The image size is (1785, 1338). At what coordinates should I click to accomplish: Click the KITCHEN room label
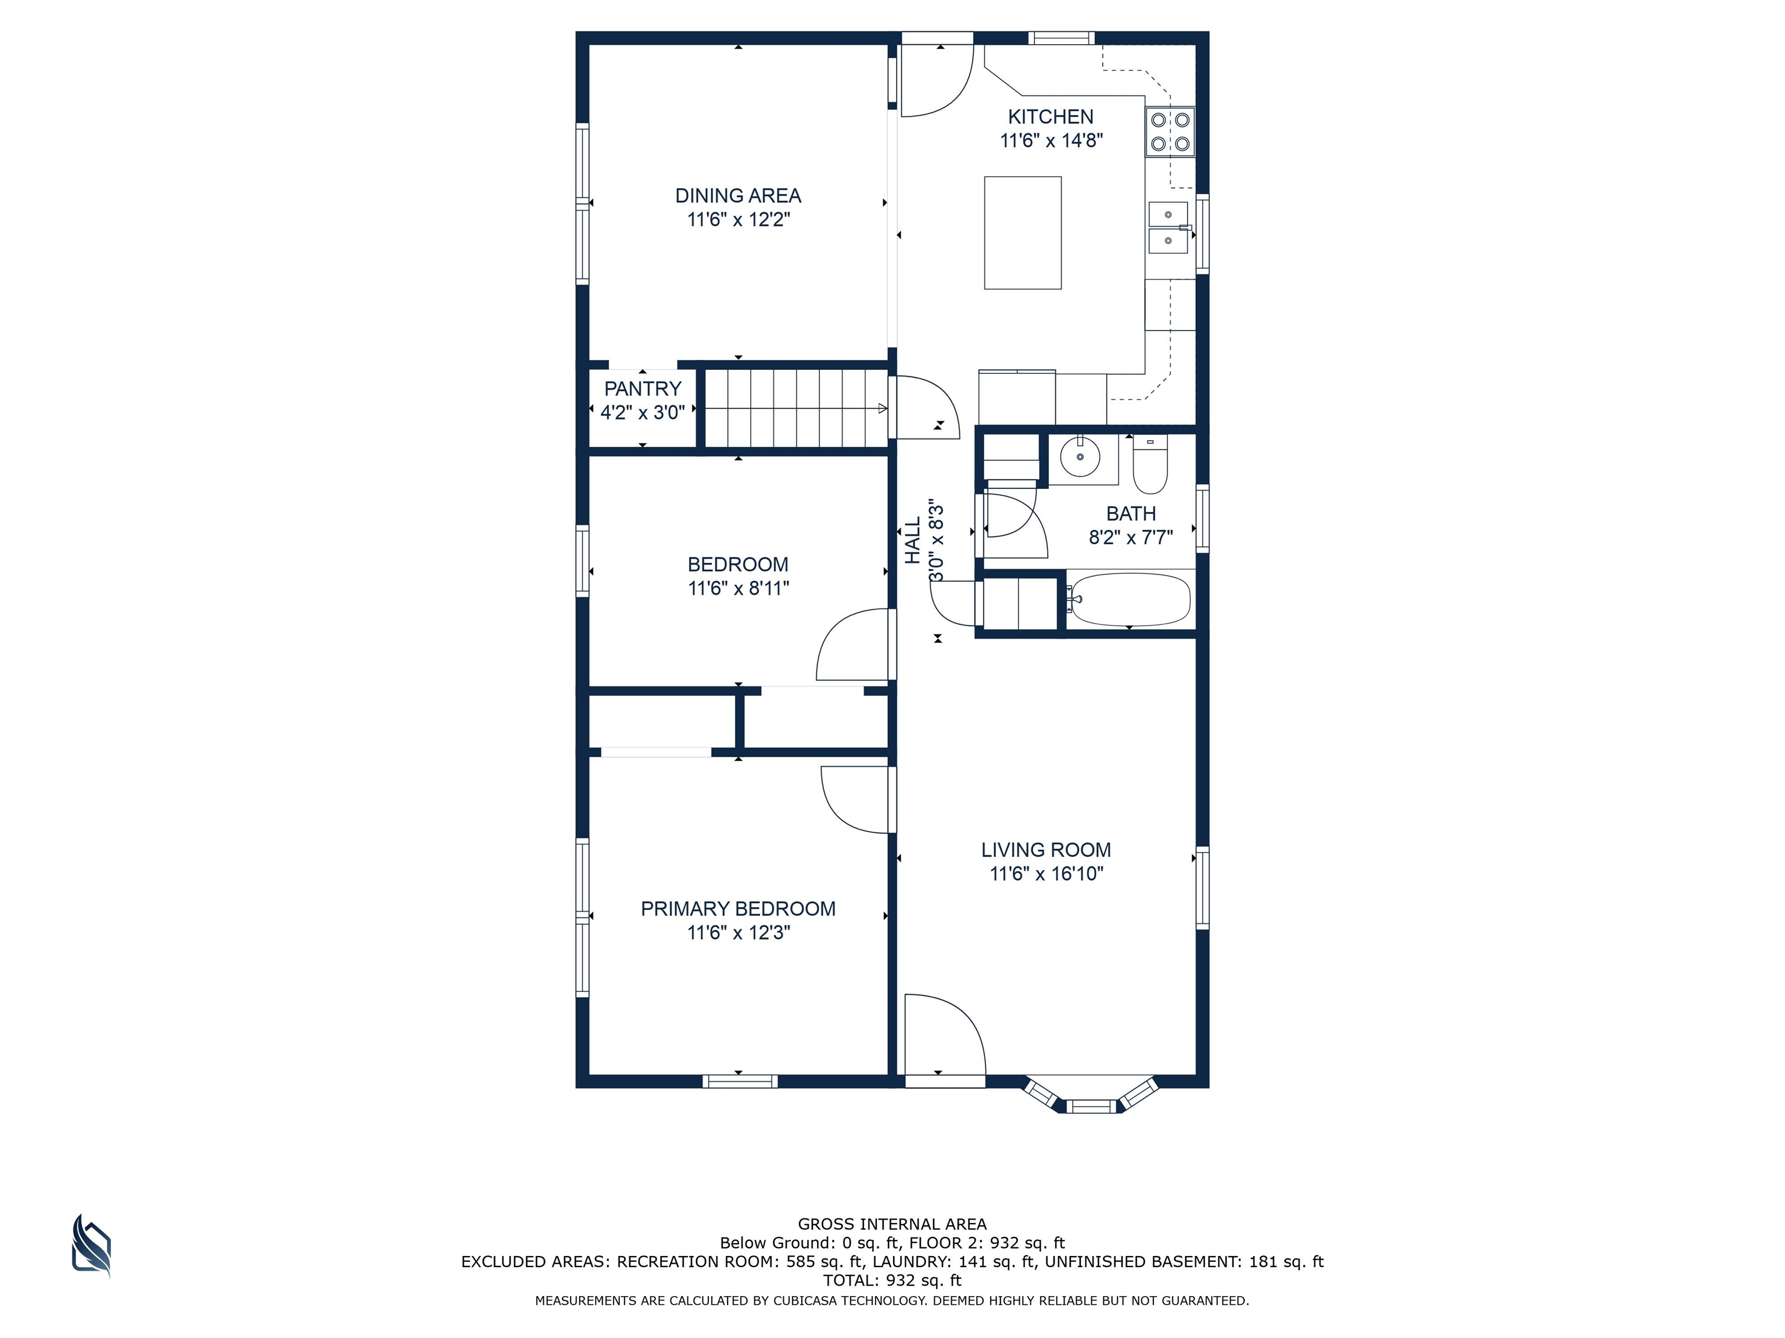[x=1051, y=117]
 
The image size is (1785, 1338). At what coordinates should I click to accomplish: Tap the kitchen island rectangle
[x=1023, y=232]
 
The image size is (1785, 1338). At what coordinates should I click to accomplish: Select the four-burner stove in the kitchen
[x=1170, y=131]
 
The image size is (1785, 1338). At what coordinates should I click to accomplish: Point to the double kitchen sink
[x=1169, y=228]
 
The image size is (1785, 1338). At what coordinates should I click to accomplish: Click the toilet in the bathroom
[x=1150, y=465]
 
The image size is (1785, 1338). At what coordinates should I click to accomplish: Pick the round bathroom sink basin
[x=1081, y=457]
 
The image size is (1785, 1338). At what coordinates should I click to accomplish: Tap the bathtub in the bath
[x=1129, y=599]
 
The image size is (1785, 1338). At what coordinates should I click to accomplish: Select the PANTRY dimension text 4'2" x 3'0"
[x=642, y=413]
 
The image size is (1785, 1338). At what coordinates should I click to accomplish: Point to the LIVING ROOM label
[x=1046, y=850]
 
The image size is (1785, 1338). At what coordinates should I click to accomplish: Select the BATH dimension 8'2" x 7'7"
[x=1131, y=537]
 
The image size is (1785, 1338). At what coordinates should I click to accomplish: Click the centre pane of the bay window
[x=1091, y=1106]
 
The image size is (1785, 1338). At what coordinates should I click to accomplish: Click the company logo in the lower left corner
[x=91, y=1246]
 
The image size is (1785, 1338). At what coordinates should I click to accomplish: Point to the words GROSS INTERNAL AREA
[x=892, y=1224]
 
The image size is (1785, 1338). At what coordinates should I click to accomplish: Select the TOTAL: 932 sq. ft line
[x=892, y=1280]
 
